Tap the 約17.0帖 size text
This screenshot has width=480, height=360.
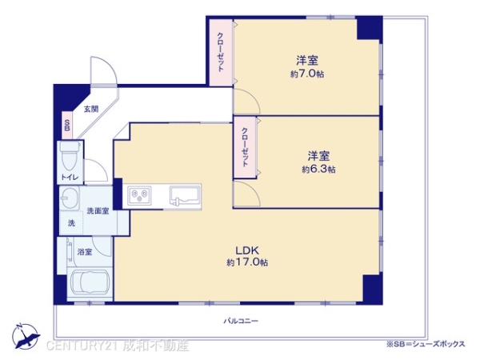click(246, 262)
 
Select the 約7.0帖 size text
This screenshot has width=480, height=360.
click(307, 74)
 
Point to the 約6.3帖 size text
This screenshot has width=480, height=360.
click(318, 169)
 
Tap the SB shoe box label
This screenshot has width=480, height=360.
click(67, 126)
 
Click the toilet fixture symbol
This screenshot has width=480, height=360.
click(69, 153)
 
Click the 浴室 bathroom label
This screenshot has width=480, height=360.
click(86, 252)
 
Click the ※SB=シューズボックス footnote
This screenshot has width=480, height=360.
click(426, 344)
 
